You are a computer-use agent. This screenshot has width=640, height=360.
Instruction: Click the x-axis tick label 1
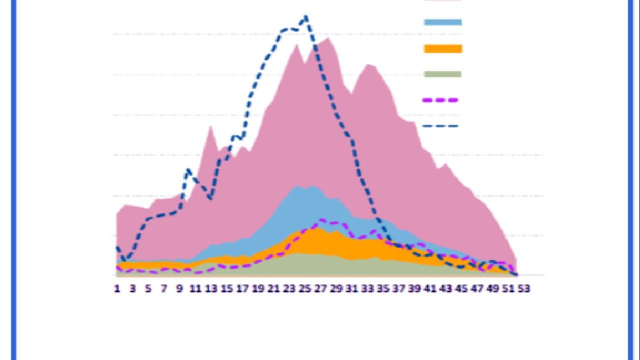pos(117,288)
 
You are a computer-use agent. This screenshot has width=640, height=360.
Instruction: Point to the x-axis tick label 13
pos(211,288)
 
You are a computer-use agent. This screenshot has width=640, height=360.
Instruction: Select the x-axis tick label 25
pos(305,288)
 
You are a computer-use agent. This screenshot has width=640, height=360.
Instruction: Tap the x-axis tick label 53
pos(524,288)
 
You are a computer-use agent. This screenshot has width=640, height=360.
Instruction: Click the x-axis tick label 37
pos(399,288)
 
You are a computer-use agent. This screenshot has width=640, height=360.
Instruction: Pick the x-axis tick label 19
pos(258,288)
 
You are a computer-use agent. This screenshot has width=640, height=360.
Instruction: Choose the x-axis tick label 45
pos(461,288)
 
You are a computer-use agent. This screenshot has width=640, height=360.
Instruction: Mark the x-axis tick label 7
pos(164,288)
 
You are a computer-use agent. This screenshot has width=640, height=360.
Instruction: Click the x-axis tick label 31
pos(352,288)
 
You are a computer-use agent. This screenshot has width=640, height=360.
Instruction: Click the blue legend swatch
pos(442,22)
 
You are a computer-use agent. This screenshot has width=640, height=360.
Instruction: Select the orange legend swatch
pos(442,48)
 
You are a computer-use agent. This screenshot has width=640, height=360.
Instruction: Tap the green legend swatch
pos(442,74)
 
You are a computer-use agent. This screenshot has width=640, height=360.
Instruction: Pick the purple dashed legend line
pos(440,100)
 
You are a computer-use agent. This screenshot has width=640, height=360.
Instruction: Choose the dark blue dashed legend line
pos(440,126)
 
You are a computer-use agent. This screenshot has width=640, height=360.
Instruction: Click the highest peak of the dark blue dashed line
pos(306,17)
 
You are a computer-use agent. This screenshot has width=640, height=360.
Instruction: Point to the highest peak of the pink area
pos(328,38)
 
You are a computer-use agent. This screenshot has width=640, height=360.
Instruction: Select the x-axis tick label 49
pos(493,288)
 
